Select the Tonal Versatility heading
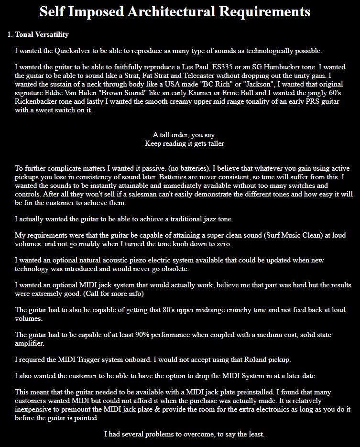pos(42,34)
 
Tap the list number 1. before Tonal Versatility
pos(10,34)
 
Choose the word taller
pos(213,143)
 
